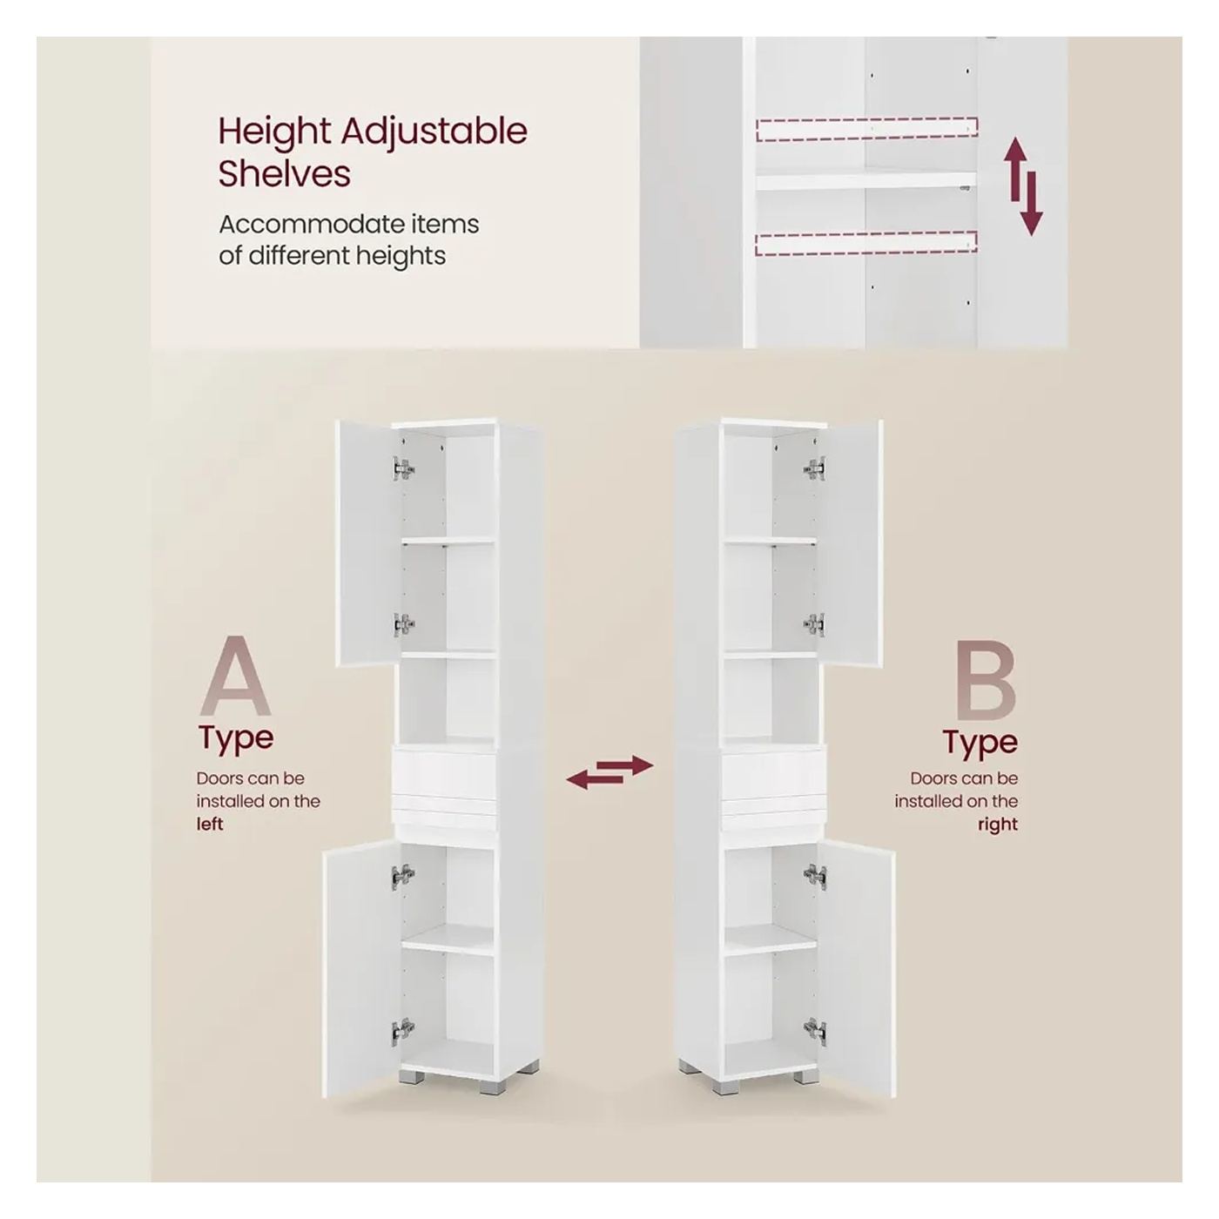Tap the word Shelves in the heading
pyautogui.click(x=284, y=173)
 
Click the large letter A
pyautogui.click(x=235, y=677)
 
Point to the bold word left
pyautogui.click(x=209, y=825)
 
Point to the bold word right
pyautogui.click(x=998, y=825)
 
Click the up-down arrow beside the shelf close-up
pyautogui.click(x=1023, y=186)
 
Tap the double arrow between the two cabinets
pyautogui.click(x=609, y=772)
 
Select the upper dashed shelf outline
pyautogui.click(x=866, y=129)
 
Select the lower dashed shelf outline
pyautogui.click(x=866, y=244)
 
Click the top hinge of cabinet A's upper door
pyautogui.click(x=403, y=468)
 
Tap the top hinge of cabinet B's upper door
pyautogui.click(x=814, y=468)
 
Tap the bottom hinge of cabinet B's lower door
pyautogui.click(x=815, y=1032)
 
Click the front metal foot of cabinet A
pyautogui.click(x=488, y=1087)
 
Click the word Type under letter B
pyautogui.click(x=980, y=742)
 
